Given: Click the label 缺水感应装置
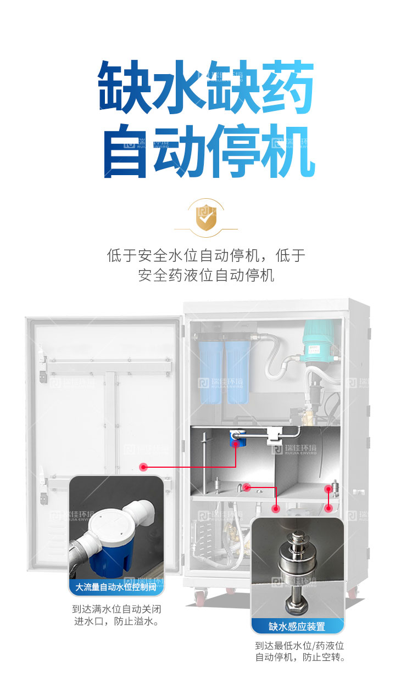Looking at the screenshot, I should tap(297, 626).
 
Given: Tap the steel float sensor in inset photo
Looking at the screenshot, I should tap(297, 565).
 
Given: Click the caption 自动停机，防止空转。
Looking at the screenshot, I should tap(299, 657).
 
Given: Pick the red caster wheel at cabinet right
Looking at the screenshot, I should tap(352, 592).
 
